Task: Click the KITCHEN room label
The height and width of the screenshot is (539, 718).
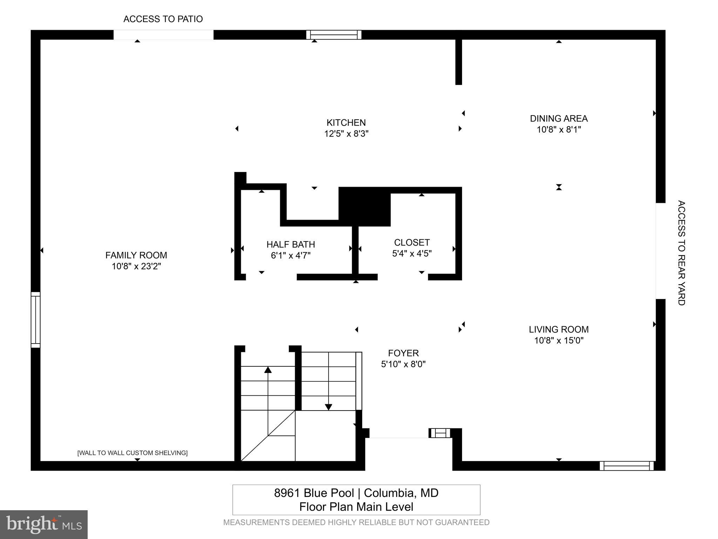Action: pyautogui.click(x=346, y=122)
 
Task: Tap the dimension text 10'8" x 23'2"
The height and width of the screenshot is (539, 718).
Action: pyautogui.click(x=136, y=266)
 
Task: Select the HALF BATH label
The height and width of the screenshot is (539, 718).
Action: pyautogui.click(x=291, y=244)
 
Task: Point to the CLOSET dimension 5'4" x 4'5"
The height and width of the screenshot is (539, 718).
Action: pyautogui.click(x=412, y=253)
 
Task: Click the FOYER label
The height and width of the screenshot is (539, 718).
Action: pyautogui.click(x=403, y=353)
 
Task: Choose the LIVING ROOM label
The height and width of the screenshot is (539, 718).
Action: pyautogui.click(x=558, y=330)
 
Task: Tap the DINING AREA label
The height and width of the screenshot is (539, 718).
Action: pyautogui.click(x=558, y=119)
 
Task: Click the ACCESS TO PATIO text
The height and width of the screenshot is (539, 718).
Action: pyautogui.click(x=163, y=19)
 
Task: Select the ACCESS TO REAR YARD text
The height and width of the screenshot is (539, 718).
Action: pyautogui.click(x=681, y=253)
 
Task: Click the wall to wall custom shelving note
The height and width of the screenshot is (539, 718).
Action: pyautogui.click(x=132, y=453)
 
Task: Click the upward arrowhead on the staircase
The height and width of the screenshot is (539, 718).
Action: pyautogui.click(x=268, y=370)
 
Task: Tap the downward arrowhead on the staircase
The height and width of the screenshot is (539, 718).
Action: pyautogui.click(x=328, y=407)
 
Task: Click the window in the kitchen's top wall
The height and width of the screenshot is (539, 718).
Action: pyautogui.click(x=334, y=35)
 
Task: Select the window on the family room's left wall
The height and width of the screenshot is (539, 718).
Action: pyautogui.click(x=35, y=320)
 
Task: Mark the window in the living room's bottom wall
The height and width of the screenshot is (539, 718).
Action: pyautogui.click(x=626, y=466)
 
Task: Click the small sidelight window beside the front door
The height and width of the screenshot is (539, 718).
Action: pyautogui.click(x=440, y=433)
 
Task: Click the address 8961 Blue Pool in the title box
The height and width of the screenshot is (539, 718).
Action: pyautogui.click(x=314, y=493)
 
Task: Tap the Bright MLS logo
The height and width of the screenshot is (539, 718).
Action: pyautogui.click(x=43, y=525)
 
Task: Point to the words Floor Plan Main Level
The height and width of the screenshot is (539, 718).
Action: pyautogui.click(x=356, y=507)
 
